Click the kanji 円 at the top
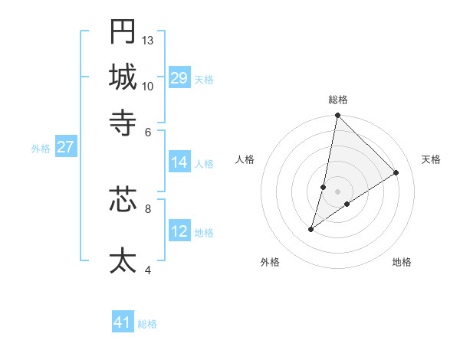pyautogui.click(x=123, y=31)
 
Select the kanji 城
pyautogui.click(x=123, y=77)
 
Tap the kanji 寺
pyautogui.click(x=123, y=122)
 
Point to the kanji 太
pyautogui.click(x=123, y=260)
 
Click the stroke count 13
pyautogui.click(x=148, y=40)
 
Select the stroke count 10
pyautogui.click(x=148, y=86)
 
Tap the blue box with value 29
pyautogui.click(x=179, y=78)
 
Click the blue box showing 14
pyautogui.click(x=179, y=162)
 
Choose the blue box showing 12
pyautogui.click(x=179, y=231)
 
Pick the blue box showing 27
pyautogui.click(x=66, y=147)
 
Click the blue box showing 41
pyautogui.click(x=123, y=322)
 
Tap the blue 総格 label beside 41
pyautogui.click(x=148, y=324)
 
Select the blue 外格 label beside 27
pyautogui.click(x=41, y=149)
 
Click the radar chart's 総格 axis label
pyautogui.click(x=338, y=100)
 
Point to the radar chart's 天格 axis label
pyautogui.click(x=432, y=159)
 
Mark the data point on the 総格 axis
pyautogui.click(x=338, y=116)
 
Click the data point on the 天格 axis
pyautogui.click(x=396, y=172)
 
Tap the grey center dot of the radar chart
pyautogui.click(x=338, y=191)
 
